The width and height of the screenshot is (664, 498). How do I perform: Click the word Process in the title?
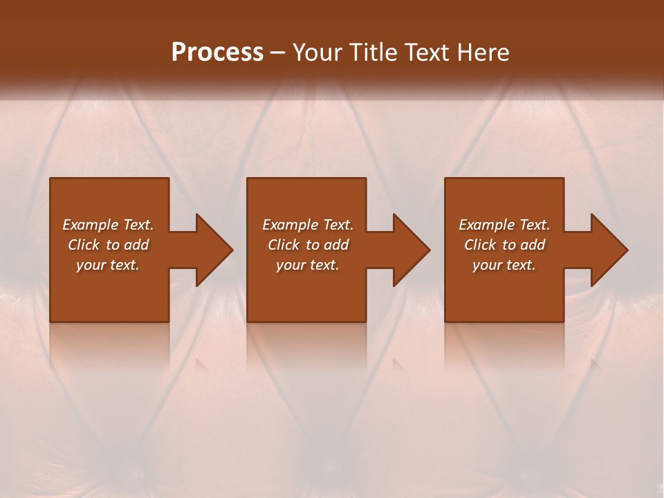click(217, 53)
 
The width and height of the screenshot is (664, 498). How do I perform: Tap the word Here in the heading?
click(481, 53)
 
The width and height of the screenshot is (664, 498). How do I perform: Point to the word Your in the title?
click(317, 53)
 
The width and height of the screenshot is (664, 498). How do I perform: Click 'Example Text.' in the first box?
click(108, 225)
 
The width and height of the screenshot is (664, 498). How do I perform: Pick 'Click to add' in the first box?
click(108, 245)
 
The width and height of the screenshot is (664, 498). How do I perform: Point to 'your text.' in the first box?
click(108, 265)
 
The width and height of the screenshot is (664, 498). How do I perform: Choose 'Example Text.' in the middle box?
click(308, 225)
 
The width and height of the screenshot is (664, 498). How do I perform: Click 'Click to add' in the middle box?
click(308, 245)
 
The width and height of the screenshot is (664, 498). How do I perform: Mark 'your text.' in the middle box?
click(308, 265)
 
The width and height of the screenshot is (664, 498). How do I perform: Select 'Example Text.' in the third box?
click(504, 225)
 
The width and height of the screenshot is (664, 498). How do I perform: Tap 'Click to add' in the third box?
click(504, 245)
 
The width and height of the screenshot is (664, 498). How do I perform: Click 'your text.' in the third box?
click(504, 265)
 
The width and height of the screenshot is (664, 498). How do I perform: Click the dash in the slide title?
click(277, 53)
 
